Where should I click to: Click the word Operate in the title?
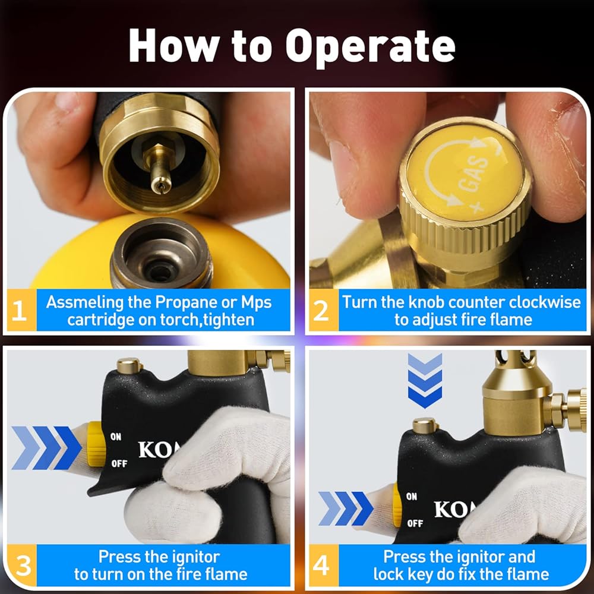(x=370, y=46)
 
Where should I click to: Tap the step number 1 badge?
(x=20, y=310)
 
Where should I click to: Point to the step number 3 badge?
(x=22, y=565)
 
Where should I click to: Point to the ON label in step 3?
(x=116, y=437)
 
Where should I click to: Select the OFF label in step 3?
(x=119, y=464)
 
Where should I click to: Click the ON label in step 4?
(x=412, y=496)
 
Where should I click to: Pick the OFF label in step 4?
(x=415, y=523)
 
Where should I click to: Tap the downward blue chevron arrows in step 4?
(x=425, y=381)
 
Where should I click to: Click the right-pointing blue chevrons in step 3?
(x=46, y=448)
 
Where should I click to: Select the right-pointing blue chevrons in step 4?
(x=346, y=508)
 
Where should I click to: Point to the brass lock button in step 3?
(x=129, y=365)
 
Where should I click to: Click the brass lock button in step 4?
(x=425, y=426)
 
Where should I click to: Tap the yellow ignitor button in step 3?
(x=96, y=444)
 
